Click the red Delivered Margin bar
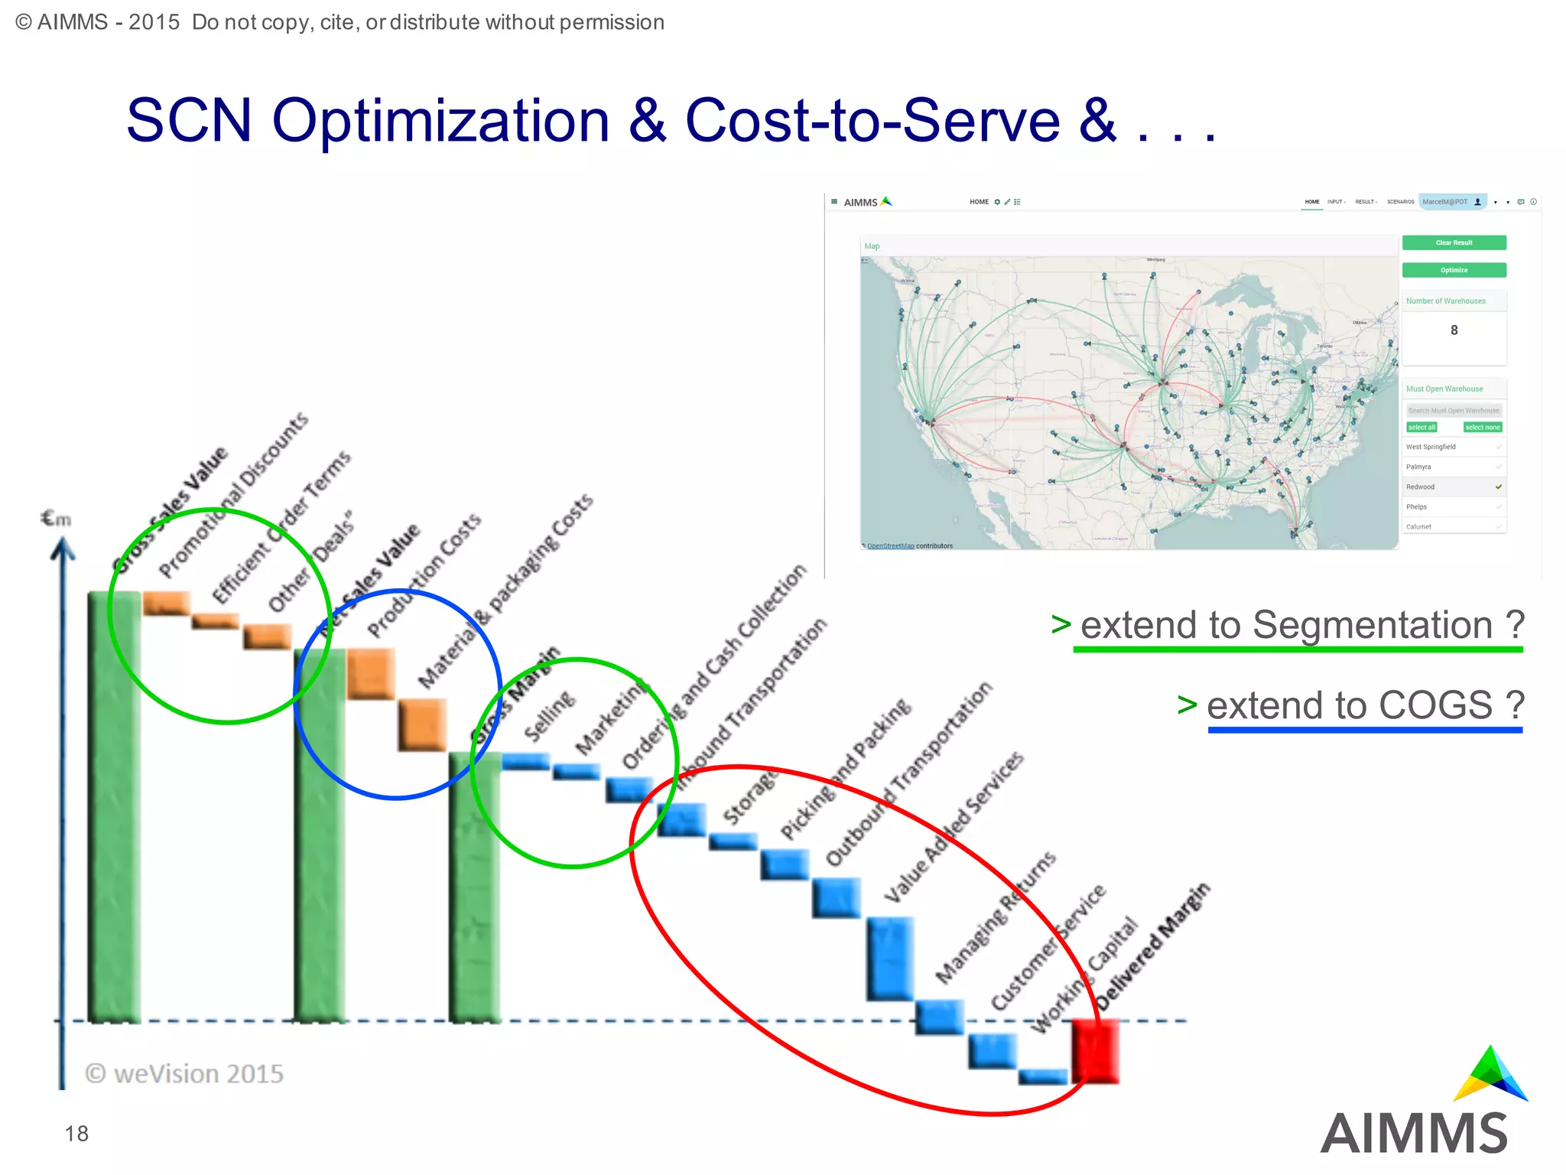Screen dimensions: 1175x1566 (1095, 1050)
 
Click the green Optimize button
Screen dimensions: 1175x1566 (1454, 270)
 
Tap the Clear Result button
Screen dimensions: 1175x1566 (1454, 242)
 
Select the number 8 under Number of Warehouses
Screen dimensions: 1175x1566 (1454, 330)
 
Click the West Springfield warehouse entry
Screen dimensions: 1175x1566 (1431, 447)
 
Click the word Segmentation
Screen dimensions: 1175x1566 (1372, 625)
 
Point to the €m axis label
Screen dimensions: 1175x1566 (56, 519)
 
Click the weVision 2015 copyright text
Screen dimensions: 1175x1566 (184, 1074)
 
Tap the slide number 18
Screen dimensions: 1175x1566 (76, 1134)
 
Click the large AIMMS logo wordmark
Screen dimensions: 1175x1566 (1414, 1134)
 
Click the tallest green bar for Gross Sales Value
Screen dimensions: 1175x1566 (114, 806)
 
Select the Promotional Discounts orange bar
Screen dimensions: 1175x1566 (166, 603)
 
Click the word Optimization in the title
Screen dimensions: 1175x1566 (441, 121)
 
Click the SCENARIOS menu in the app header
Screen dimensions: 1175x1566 (1400, 202)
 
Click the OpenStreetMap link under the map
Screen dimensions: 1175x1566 (890, 546)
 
